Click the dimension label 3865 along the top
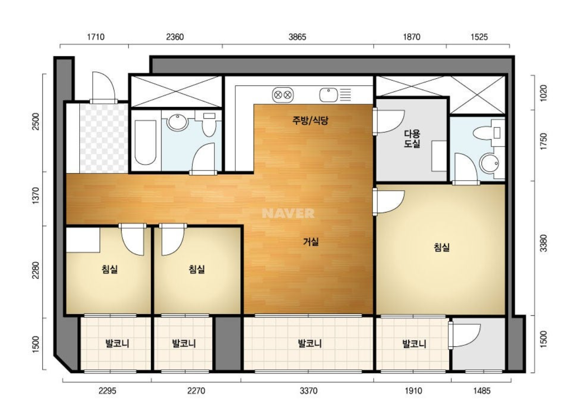[297, 37]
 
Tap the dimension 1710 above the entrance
[96, 37]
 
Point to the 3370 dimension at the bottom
[309, 391]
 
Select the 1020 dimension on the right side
[544, 93]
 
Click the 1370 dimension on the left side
[35, 196]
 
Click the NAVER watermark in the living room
[288, 213]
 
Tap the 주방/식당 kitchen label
[310, 121]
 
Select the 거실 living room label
[311, 242]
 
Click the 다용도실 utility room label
[412, 139]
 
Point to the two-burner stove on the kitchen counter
[283, 95]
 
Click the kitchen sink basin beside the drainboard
[329, 95]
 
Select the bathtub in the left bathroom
[145, 142]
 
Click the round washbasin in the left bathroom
[177, 122]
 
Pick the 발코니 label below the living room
[310, 343]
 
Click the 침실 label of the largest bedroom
[441, 247]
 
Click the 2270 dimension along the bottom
[196, 391]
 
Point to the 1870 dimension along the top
[411, 37]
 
